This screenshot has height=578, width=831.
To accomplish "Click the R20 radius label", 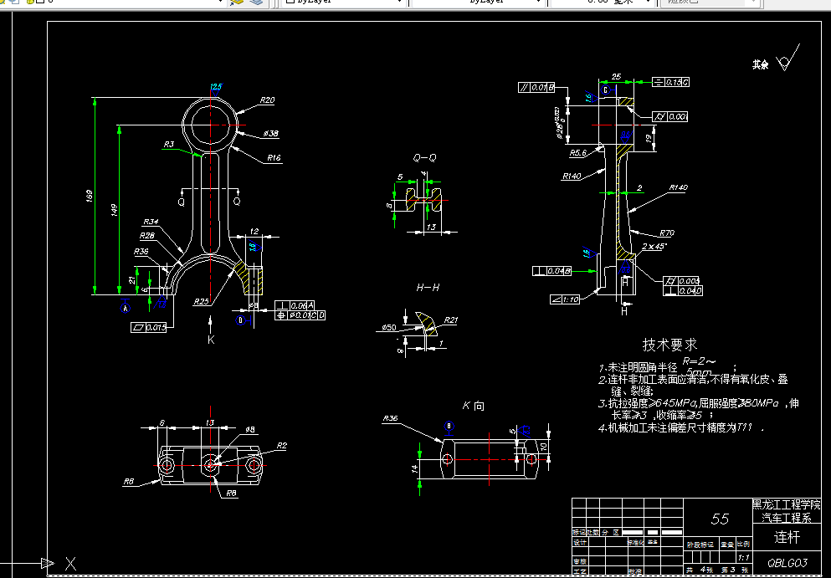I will [267, 100].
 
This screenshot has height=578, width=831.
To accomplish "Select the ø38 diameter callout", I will [270, 134].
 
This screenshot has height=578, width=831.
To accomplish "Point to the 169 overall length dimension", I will [90, 197].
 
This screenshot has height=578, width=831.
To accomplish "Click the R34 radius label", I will [151, 222].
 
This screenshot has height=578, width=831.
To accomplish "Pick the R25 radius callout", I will [201, 301].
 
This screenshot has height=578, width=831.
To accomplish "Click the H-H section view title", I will [428, 288].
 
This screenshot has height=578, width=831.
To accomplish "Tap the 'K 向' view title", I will [473, 406].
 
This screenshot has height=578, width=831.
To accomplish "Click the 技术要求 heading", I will [669, 345].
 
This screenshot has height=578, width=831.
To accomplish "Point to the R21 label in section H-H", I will [451, 320].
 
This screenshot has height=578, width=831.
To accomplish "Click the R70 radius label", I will [666, 233].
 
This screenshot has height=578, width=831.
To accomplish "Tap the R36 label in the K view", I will [390, 418].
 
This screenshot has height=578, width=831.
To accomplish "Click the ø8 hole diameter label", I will [249, 429].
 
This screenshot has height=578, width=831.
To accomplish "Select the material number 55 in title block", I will [720, 519].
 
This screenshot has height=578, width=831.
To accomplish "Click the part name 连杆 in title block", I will [786, 537].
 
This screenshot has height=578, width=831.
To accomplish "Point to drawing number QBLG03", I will [787, 563].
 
